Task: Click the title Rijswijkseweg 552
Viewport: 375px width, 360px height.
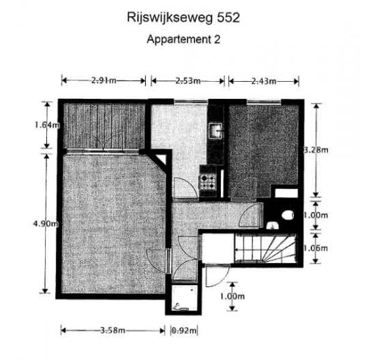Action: (x=183, y=18)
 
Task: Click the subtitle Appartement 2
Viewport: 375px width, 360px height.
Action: (x=183, y=40)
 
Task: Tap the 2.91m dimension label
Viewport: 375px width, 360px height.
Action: (x=104, y=80)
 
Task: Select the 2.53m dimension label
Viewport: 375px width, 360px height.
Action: (x=188, y=81)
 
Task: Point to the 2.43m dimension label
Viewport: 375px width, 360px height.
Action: (x=264, y=81)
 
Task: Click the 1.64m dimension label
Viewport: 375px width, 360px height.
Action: (x=47, y=125)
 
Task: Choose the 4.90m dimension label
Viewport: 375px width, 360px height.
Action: (x=46, y=224)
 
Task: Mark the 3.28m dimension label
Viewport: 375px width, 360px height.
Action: (x=316, y=150)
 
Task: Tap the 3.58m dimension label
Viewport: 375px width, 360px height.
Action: (x=112, y=331)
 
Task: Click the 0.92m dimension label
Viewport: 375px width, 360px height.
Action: (x=184, y=331)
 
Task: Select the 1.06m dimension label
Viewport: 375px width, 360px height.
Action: (x=316, y=248)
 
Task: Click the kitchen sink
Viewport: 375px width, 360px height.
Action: (x=216, y=131)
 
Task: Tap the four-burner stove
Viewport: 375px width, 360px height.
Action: (x=208, y=181)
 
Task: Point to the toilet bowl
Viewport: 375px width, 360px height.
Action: (x=286, y=215)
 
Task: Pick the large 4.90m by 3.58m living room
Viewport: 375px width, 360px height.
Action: (x=114, y=224)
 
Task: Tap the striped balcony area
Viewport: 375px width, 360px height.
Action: (x=104, y=126)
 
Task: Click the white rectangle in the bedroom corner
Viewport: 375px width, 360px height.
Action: (x=286, y=193)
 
